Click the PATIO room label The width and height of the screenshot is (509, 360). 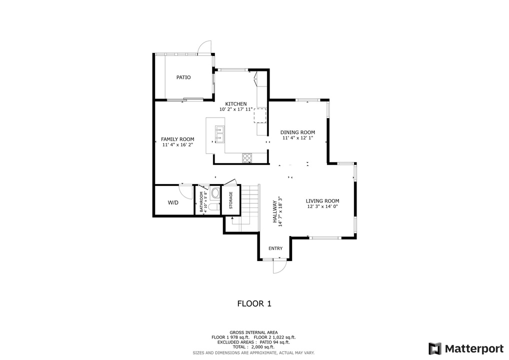(183, 77)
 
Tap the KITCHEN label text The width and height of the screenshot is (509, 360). (235, 104)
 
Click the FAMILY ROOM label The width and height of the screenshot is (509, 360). (177, 139)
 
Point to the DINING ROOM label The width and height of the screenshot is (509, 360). (297, 132)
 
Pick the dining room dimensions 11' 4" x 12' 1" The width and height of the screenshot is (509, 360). (297, 138)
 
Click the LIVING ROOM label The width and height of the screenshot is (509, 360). (322, 201)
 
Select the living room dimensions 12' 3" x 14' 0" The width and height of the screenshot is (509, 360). (322, 206)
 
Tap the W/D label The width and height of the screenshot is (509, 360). (173, 203)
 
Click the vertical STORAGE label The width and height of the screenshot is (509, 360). (230, 200)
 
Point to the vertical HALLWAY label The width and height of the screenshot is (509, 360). (274, 212)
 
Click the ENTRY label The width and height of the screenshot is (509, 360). (275, 248)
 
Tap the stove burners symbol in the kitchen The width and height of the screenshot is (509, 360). (247, 157)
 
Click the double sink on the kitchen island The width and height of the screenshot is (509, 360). (219, 134)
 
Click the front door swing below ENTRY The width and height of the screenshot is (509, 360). (278, 266)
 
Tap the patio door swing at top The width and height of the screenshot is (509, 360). (204, 47)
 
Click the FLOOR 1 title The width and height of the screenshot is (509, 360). (254, 303)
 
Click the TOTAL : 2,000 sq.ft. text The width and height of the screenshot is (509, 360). (253, 347)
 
